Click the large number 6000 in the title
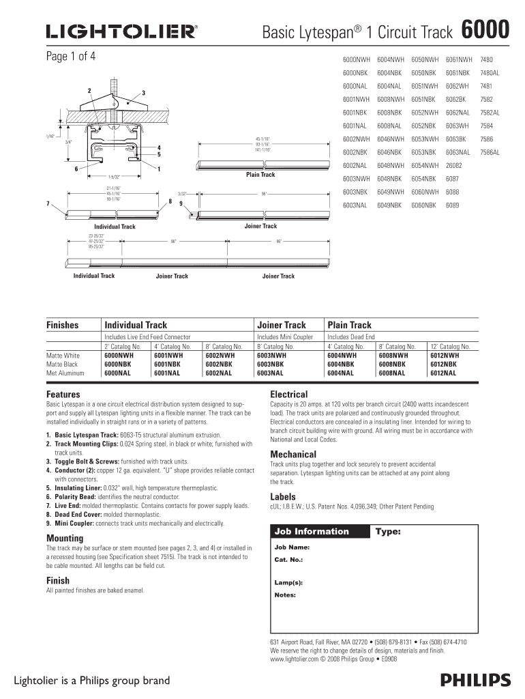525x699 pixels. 485,30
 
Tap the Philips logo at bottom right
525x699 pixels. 475,680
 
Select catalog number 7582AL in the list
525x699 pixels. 490,113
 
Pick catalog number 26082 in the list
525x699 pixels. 454,166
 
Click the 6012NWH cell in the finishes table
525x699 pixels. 445,356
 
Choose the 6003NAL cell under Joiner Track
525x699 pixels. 271,373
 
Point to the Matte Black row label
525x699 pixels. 63,365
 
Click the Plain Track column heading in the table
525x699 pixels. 349,325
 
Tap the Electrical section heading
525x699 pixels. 288,395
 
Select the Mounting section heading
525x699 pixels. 65,538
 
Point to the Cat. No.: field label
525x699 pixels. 288,560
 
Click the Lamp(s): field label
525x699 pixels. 288,584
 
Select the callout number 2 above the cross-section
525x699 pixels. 89,91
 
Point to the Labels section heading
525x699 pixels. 282,497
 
